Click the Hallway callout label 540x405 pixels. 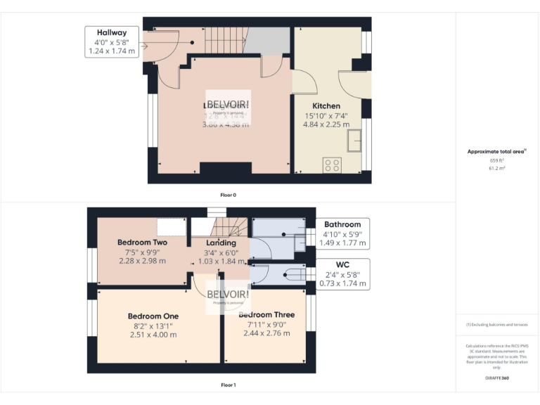(x=112, y=32)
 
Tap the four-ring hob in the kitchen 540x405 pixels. (x=331, y=165)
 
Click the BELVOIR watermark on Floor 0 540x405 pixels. (x=228, y=104)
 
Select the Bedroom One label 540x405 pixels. (x=153, y=316)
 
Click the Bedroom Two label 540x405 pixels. (x=141, y=243)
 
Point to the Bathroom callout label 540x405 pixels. (x=342, y=224)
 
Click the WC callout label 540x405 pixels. (x=342, y=264)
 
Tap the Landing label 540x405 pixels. (x=221, y=243)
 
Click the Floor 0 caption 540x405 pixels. (x=228, y=195)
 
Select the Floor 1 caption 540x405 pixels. (x=228, y=385)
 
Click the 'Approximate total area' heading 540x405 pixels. (x=496, y=151)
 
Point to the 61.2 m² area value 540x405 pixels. (x=496, y=169)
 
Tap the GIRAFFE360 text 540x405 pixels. (x=496, y=378)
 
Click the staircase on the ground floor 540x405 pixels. (x=224, y=40)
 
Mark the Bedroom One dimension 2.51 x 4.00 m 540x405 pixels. (x=153, y=335)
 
